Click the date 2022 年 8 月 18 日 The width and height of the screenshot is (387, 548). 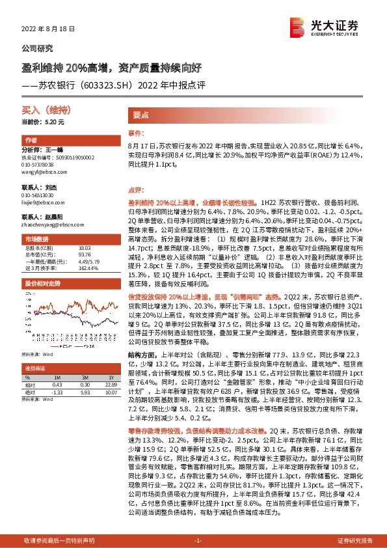(49, 29)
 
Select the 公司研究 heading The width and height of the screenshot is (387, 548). (38, 48)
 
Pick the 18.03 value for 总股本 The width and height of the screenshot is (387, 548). (85, 248)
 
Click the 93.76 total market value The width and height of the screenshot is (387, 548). (85, 254)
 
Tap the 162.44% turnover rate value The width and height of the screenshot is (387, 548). (87, 268)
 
